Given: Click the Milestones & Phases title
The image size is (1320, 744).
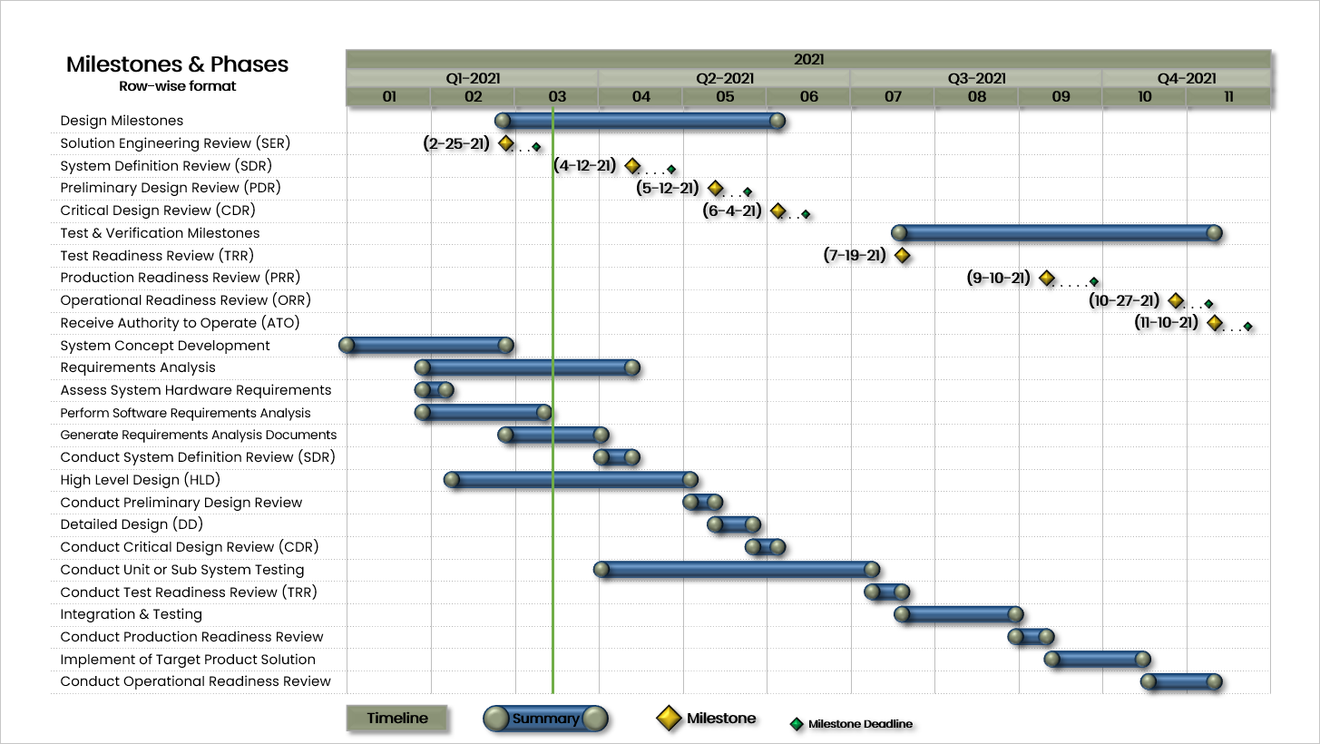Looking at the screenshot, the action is coord(177,64).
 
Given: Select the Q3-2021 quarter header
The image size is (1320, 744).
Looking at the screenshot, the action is coord(976,78).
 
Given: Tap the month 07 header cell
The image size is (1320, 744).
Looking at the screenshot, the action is coord(893,97).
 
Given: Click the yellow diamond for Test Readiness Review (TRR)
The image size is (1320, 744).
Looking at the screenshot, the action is coord(902,255).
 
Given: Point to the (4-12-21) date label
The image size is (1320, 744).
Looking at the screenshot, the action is coord(584,166).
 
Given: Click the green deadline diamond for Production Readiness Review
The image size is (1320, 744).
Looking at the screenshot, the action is coord(1094,282).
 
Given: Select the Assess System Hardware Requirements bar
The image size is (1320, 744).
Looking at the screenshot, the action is coord(434,389).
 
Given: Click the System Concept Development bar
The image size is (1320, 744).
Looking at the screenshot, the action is coord(426,346).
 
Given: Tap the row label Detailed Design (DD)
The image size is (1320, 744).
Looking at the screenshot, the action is coord(132,524).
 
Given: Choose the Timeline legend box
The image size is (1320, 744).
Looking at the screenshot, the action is coord(396,718).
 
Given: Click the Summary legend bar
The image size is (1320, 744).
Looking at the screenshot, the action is coord(545,719).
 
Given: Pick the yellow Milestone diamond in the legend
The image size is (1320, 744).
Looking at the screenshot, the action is coord(669,718).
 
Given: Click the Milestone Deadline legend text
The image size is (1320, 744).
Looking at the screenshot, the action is coord(860,724).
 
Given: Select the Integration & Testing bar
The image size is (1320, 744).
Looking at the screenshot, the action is coord(959,614).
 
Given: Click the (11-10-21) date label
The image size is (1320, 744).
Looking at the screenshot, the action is coord(1166,322).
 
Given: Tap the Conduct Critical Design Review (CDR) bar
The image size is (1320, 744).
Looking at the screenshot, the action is coord(765,547).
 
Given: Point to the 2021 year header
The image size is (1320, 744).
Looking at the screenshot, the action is coord(808,60).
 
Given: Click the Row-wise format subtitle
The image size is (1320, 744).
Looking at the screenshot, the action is coord(178,86).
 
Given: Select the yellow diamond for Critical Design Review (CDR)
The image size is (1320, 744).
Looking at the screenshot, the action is coord(778,210).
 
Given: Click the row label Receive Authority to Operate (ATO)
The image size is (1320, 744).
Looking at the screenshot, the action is coord(180,323).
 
